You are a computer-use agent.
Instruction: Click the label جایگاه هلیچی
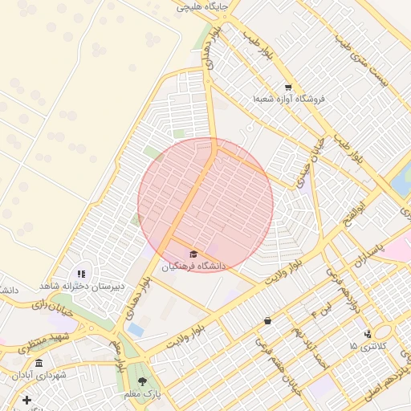[x=207, y=6]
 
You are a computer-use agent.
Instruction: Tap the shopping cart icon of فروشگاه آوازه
[x=288, y=87]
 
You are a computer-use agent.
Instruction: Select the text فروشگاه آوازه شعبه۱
[x=288, y=99]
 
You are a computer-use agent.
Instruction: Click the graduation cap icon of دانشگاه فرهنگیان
[x=193, y=254]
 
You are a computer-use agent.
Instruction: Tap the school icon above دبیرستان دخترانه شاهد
[x=81, y=275]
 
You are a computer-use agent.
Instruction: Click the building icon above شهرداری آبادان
[x=39, y=364]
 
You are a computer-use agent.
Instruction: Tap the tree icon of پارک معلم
[x=142, y=382]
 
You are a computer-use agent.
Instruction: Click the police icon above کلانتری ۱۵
[x=368, y=334]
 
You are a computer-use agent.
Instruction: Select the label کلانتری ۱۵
[x=368, y=345]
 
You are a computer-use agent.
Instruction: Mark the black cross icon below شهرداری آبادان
[x=26, y=400]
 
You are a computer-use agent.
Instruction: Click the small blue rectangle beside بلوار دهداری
[x=136, y=330]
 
